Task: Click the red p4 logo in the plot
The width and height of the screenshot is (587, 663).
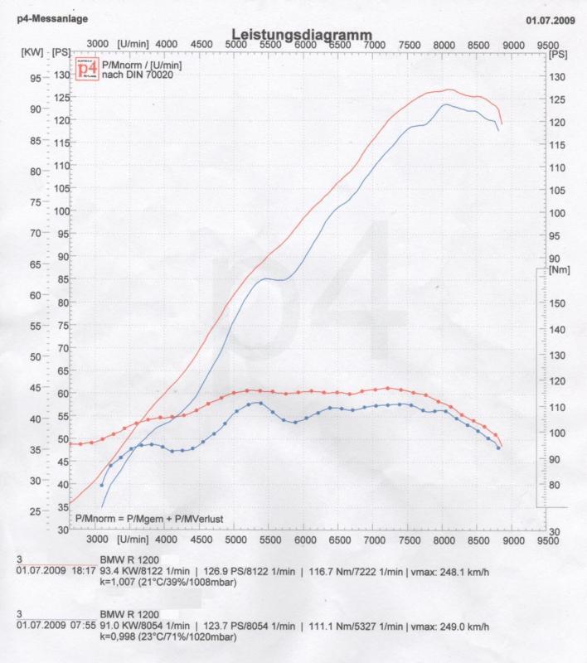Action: click(86, 69)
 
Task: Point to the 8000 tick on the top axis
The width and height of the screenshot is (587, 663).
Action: click(443, 44)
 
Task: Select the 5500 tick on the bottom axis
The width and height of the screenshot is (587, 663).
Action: click(270, 540)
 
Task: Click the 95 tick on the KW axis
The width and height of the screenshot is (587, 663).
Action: click(36, 79)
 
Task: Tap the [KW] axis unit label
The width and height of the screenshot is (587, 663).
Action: click(32, 52)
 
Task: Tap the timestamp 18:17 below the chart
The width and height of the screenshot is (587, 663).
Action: click(80, 571)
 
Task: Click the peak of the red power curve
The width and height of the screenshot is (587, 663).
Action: click(449, 90)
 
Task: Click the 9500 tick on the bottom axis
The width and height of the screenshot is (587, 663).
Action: click(546, 540)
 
